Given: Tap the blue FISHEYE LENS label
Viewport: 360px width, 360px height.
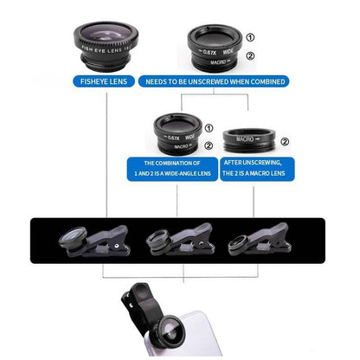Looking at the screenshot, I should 104,81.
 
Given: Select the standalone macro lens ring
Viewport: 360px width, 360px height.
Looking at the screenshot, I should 252,140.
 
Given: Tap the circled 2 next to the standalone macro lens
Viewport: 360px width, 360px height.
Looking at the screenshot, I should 285,142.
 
